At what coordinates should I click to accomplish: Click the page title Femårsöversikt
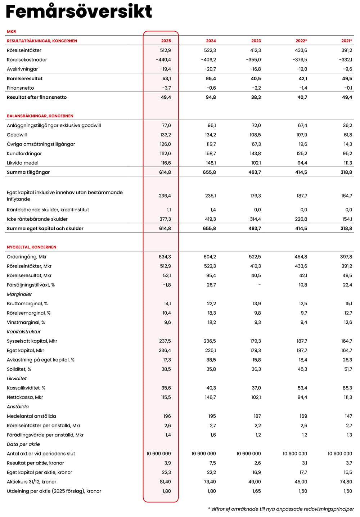(79, 12)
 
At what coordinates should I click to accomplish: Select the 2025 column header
(166, 41)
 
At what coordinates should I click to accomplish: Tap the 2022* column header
(301, 41)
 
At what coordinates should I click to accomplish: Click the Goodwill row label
(17, 135)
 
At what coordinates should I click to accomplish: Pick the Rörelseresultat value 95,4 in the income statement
(211, 78)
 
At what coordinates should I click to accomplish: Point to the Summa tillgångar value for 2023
(255, 172)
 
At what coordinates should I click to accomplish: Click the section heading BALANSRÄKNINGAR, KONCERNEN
(40, 116)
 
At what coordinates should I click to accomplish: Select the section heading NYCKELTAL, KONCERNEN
(32, 247)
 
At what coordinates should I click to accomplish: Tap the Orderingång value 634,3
(165, 257)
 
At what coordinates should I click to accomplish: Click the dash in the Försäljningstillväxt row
(260, 285)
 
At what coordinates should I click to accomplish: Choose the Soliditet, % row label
(19, 369)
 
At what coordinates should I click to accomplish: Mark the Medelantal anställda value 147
(348, 416)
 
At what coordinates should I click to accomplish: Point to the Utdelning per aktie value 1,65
(256, 491)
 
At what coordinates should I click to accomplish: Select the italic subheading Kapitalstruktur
(24, 332)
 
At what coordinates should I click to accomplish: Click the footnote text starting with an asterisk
(281, 509)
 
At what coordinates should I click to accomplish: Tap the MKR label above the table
(12, 32)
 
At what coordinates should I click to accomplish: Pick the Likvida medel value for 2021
(348, 163)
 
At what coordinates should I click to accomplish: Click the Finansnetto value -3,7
(166, 88)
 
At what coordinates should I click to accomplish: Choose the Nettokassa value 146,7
(210, 397)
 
